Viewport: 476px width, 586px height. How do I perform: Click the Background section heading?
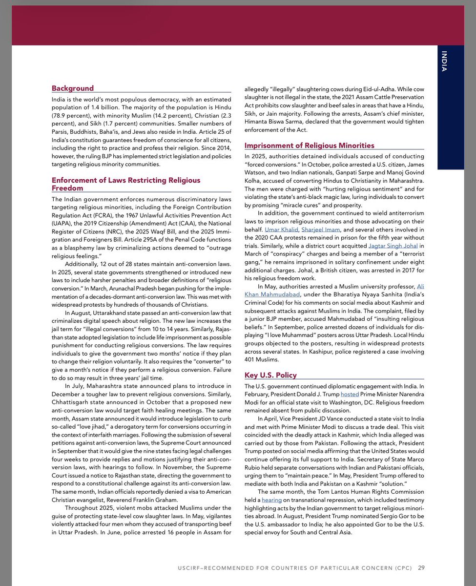coord(73,88)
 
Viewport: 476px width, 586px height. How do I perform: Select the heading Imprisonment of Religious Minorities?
coord(309,146)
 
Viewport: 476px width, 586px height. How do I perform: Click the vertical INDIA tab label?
coord(444,61)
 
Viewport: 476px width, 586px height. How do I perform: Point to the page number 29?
coord(421,567)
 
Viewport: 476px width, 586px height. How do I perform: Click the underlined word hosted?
coord(350,394)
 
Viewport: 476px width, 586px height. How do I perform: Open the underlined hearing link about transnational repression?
coord(271,501)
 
